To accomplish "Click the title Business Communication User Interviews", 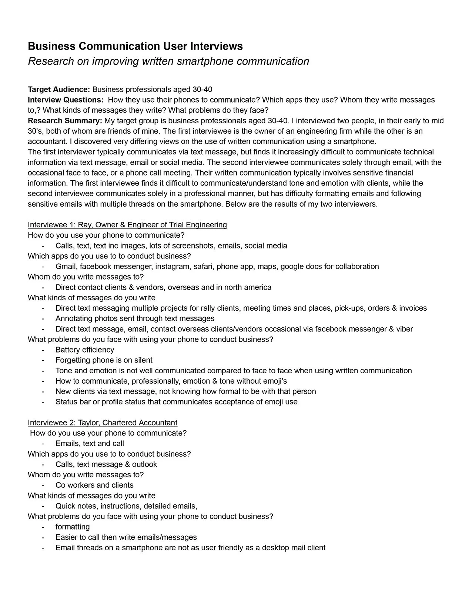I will [135, 46].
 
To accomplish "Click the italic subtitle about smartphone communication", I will [168, 61].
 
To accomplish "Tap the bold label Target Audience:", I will [59, 90].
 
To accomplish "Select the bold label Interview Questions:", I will [66, 100].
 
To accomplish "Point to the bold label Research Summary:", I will [65, 121].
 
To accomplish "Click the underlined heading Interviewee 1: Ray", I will [127, 225].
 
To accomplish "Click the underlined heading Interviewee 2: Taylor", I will [103, 423].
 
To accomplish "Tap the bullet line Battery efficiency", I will [85, 350].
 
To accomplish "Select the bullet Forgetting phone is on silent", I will [104, 360].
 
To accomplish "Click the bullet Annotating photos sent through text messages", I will [135, 318].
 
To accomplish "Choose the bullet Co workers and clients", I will [94, 485].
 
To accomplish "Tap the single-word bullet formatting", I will [73, 527].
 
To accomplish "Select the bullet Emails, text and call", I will [90, 444].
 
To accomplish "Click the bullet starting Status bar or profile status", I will [176, 402].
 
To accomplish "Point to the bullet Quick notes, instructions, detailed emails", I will [126, 506].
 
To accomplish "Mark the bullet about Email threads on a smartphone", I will [190, 548].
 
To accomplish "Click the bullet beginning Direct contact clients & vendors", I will [163, 287].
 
